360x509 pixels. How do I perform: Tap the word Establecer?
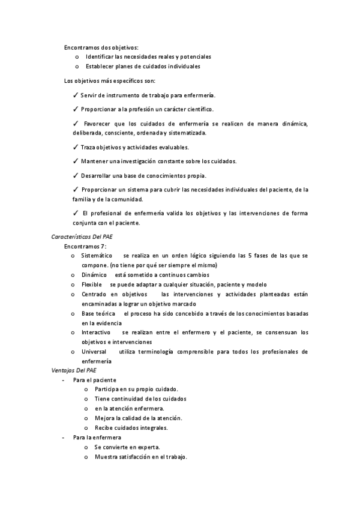100,66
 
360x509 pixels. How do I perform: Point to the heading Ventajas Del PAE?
70,371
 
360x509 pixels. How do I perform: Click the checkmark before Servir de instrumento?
75,95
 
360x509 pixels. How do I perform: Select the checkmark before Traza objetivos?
75,147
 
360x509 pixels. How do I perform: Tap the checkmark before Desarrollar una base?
75,176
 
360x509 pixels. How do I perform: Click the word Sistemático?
97,256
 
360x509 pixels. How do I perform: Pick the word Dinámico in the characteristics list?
94,275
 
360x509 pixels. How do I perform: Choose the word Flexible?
92,285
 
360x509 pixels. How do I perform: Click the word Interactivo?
96,332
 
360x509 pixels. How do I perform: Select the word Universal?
94,351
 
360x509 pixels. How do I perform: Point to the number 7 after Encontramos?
103,246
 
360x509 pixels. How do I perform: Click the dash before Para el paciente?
63,381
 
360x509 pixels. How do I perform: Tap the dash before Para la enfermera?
63,438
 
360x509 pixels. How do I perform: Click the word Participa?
107,390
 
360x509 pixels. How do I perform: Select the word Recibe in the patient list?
104,428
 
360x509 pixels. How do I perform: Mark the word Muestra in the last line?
106,457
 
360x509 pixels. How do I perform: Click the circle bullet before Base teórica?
73,313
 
